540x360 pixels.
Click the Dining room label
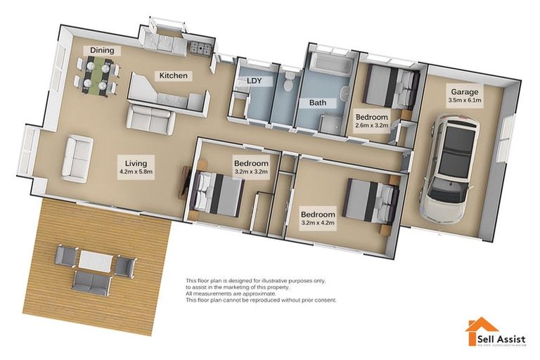pyautogui.click(x=102, y=51)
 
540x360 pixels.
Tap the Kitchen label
pyautogui.click(x=174, y=75)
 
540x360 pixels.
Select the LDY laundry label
pyautogui.click(x=254, y=81)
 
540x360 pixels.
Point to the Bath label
pyautogui.click(x=319, y=103)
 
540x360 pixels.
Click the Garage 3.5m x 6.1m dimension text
pyautogui.click(x=465, y=101)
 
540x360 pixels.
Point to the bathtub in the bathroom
pyautogui.click(x=330, y=64)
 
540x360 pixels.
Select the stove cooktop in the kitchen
pyautogui.click(x=199, y=49)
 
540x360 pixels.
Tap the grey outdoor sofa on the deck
pyautogui.click(x=92, y=282)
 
